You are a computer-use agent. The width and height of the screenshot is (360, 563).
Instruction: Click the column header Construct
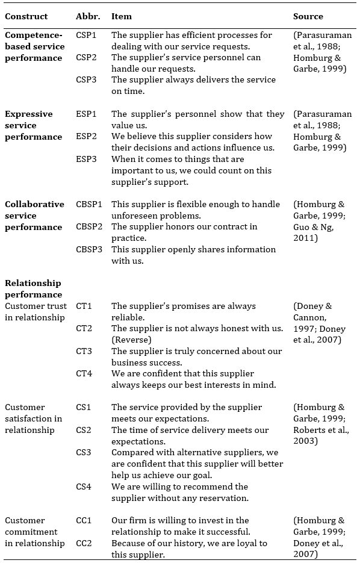[x=26, y=16]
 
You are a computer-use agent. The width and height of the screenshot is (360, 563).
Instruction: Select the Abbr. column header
[x=88, y=16]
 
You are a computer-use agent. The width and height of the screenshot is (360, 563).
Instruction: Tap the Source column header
[x=308, y=16]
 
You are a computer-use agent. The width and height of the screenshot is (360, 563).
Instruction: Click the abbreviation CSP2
[x=86, y=57]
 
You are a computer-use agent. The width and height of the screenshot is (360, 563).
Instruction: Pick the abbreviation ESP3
[x=86, y=159]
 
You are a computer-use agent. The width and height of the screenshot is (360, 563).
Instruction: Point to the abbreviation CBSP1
[x=89, y=204]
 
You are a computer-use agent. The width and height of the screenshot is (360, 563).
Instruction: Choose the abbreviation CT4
[x=84, y=373]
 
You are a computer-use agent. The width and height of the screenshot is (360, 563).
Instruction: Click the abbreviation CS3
[x=84, y=452]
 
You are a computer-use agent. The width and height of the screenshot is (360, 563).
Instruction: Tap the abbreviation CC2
[x=84, y=543]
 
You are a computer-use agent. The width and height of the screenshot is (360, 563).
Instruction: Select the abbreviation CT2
[x=84, y=328]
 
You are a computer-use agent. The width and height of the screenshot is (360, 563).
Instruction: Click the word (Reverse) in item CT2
[x=131, y=340]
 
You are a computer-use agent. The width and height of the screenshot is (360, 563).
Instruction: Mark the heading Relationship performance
[x=33, y=288]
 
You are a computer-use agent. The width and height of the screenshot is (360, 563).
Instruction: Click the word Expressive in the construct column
[x=29, y=114]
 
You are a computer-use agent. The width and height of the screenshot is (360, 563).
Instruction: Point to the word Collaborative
[x=34, y=204]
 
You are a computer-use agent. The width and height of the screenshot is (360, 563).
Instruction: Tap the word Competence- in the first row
[x=33, y=35]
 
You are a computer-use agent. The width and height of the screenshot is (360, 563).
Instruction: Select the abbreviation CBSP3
[x=89, y=249]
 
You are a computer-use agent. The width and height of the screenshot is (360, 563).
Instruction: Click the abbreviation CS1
[x=84, y=407]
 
